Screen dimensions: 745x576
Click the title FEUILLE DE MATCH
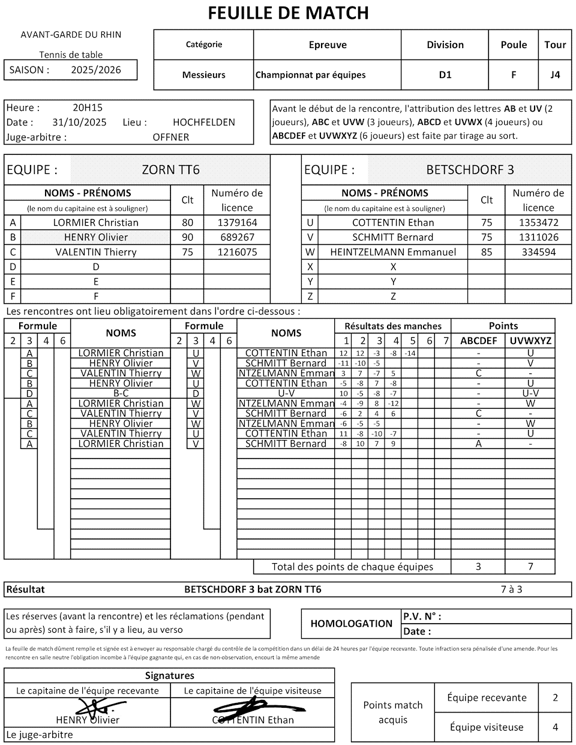(x=288, y=13)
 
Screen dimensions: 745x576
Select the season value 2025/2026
(x=96, y=70)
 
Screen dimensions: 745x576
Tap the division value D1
(x=445, y=75)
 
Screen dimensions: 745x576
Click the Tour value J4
(x=555, y=75)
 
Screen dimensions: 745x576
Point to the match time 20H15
(x=88, y=108)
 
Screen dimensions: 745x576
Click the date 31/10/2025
(x=79, y=122)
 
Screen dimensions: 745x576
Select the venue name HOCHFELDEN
(x=204, y=122)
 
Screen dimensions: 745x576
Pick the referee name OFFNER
(x=171, y=137)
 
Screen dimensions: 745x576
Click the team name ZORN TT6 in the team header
(x=170, y=170)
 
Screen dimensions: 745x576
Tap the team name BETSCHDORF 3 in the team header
(x=470, y=170)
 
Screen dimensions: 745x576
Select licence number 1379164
(x=237, y=223)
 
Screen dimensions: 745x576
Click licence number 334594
(x=538, y=252)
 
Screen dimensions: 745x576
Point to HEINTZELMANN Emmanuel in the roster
(x=393, y=252)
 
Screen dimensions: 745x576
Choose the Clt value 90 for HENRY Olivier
(x=187, y=237)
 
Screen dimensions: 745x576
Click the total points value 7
(x=530, y=566)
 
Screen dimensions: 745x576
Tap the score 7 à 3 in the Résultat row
(x=511, y=589)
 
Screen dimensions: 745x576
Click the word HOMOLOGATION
(x=352, y=624)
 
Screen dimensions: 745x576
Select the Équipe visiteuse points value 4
(x=555, y=727)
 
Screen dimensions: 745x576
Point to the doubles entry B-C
(x=121, y=393)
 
